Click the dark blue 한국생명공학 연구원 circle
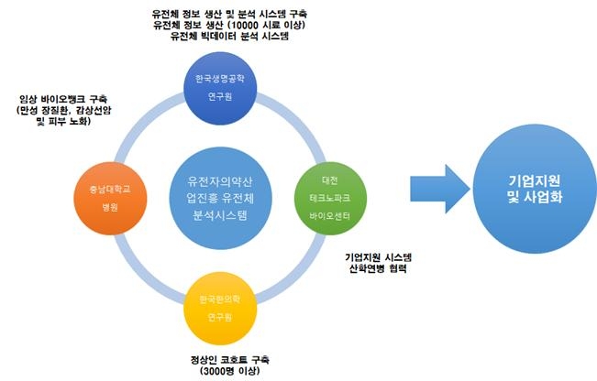(x=220, y=88)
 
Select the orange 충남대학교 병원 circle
(x=110, y=198)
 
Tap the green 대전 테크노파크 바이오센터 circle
(x=330, y=198)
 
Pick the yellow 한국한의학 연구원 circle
(x=220, y=308)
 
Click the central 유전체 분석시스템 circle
(x=220, y=198)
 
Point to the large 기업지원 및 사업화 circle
(x=536, y=189)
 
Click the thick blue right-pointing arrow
(x=440, y=189)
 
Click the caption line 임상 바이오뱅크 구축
(x=63, y=99)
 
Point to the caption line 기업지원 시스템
(x=379, y=257)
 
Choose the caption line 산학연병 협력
(x=378, y=268)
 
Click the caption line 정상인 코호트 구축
(x=230, y=359)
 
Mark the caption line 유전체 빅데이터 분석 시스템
(x=229, y=36)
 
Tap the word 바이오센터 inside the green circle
(x=330, y=216)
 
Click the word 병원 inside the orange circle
(x=110, y=207)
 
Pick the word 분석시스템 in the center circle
(x=220, y=215)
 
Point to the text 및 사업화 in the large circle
(x=535, y=197)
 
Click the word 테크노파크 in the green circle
(x=330, y=198)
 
